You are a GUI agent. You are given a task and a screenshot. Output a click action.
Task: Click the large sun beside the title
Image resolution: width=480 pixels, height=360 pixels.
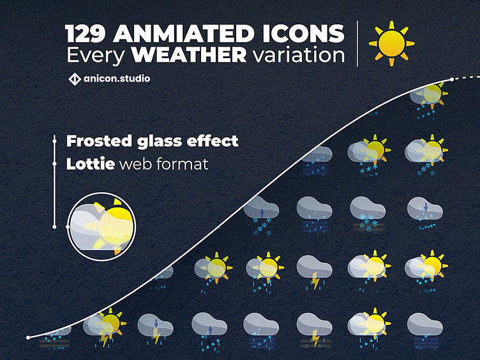click(391, 43)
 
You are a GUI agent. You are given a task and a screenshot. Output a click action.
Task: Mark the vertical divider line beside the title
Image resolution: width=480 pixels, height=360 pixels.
click(357, 43)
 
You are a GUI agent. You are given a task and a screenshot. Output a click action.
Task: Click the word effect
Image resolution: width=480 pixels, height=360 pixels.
click(216, 140)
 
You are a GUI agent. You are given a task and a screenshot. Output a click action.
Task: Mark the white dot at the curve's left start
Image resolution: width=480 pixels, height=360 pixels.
click(28, 337)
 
